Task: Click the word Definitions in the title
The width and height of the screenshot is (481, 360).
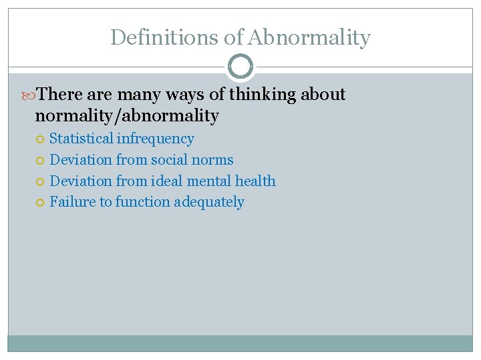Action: point(165,37)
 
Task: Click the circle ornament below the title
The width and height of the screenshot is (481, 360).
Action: point(240,67)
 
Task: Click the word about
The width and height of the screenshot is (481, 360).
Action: point(323,95)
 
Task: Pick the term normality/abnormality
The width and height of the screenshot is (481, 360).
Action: point(127,116)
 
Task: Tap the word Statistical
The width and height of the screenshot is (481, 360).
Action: point(82,139)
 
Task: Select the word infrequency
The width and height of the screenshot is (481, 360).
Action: point(156,139)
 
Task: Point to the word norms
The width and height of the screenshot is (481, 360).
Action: point(212,160)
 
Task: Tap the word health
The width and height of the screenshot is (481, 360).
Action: point(256,181)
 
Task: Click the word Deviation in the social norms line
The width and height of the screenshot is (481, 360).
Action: point(81,160)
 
